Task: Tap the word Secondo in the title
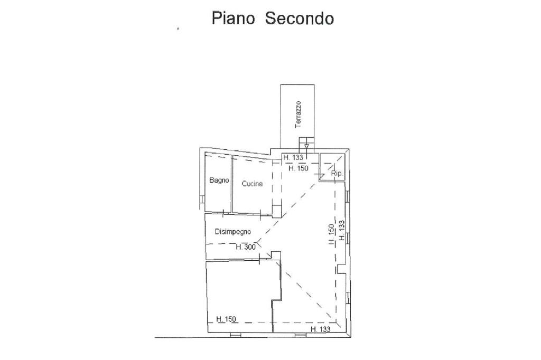click(299, 18)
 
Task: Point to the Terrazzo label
click(298, 114)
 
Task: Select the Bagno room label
click(219, 181)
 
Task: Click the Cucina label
click(252, 184)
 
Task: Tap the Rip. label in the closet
click(337, 173)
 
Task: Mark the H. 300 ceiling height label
click(245, 247)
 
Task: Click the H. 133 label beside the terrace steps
click(293, 157)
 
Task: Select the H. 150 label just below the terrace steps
click(298, 168)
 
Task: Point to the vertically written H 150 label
click(331, 234)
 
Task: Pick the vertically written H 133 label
click(342, 231)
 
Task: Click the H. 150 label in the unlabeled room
click(227, 319)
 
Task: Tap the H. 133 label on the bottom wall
click(320, 329)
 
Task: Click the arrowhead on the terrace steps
click(307, 146)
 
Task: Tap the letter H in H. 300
click(238, 247)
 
